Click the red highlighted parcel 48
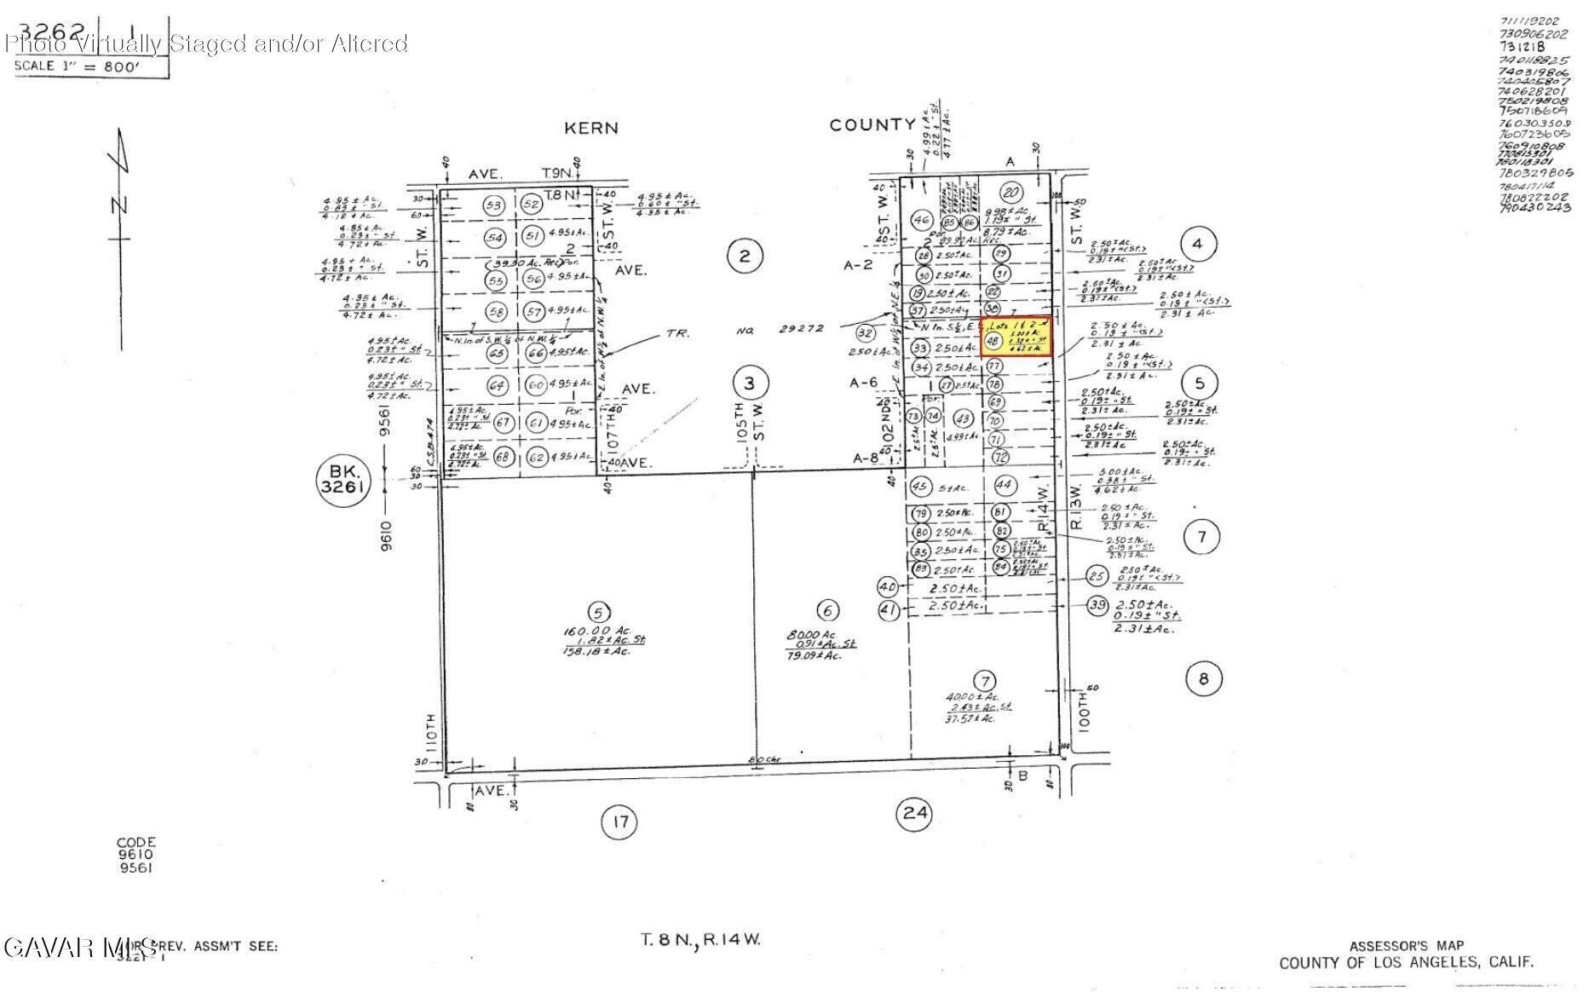[x=1016, y=337]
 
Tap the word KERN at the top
[x=590, y=129]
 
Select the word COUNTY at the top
[x=872, y=125]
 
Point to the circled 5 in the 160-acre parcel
[x=599, y=611]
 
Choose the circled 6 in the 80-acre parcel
[x=827, y=610]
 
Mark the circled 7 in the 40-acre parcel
[x=985, y=681]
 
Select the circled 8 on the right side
[x=1203, y=678]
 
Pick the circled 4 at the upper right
[x=1197, y=245]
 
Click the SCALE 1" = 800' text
[x=77, y=66]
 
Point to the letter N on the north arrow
[x=119, y=205]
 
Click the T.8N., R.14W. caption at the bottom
[x=700, y=940]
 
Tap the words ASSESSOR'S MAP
[x=1406, y=945]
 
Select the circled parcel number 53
[x=492, y=205]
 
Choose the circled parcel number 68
[x=503, y=457]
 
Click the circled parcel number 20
[x=1011, y=192]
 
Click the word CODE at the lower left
[x=135, y=841]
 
